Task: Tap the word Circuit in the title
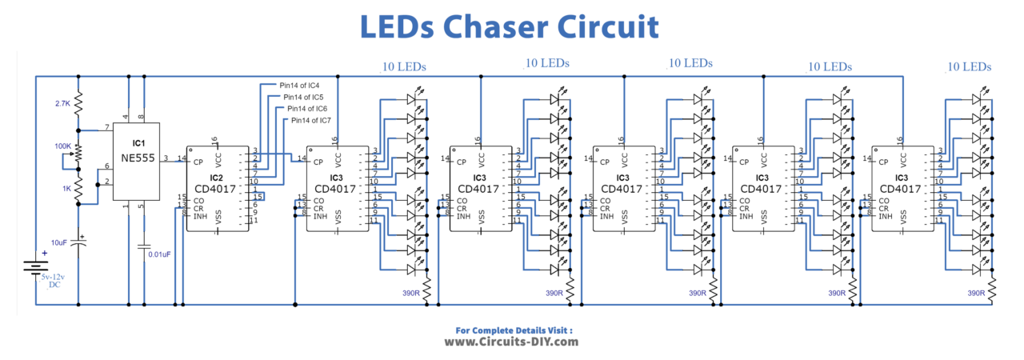[609, 26]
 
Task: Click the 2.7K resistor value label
[64, 104]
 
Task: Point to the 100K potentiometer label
[62, 146]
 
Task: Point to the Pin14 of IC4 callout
[300, 84]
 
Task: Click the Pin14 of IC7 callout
[311, 120]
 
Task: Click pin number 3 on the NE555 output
[165, 158]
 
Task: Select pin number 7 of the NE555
[106, 128]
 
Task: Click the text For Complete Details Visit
[514, 330]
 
